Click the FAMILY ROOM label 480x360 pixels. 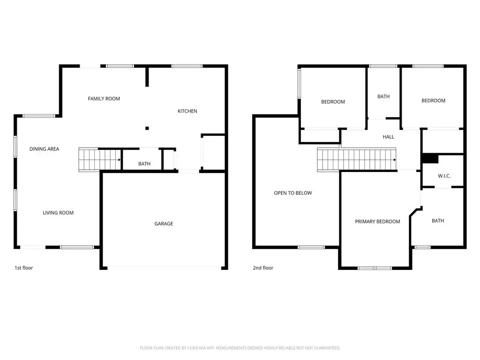[104, 98]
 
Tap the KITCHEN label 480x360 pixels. [187, 111]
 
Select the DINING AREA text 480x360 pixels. [44, 149]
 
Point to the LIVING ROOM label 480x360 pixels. [58, 213]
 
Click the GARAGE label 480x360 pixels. [164, 224]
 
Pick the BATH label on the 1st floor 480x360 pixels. [144, 164]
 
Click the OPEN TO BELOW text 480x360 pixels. [293, 193]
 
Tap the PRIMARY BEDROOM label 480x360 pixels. [377, 221]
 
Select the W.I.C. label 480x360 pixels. [444, 176]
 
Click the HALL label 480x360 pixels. [389, 137]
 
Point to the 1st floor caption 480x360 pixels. [24, 268]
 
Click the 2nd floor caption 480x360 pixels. [263, 268]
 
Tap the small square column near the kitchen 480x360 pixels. [147, 128]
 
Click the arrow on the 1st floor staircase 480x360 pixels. [120, 160]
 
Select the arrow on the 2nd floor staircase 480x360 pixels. [395, 160]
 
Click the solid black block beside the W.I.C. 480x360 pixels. [430, 158]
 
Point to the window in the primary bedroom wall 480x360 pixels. [375, 268]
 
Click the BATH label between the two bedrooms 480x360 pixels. [383, 97]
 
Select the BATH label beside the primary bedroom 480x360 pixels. [438, 221]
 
